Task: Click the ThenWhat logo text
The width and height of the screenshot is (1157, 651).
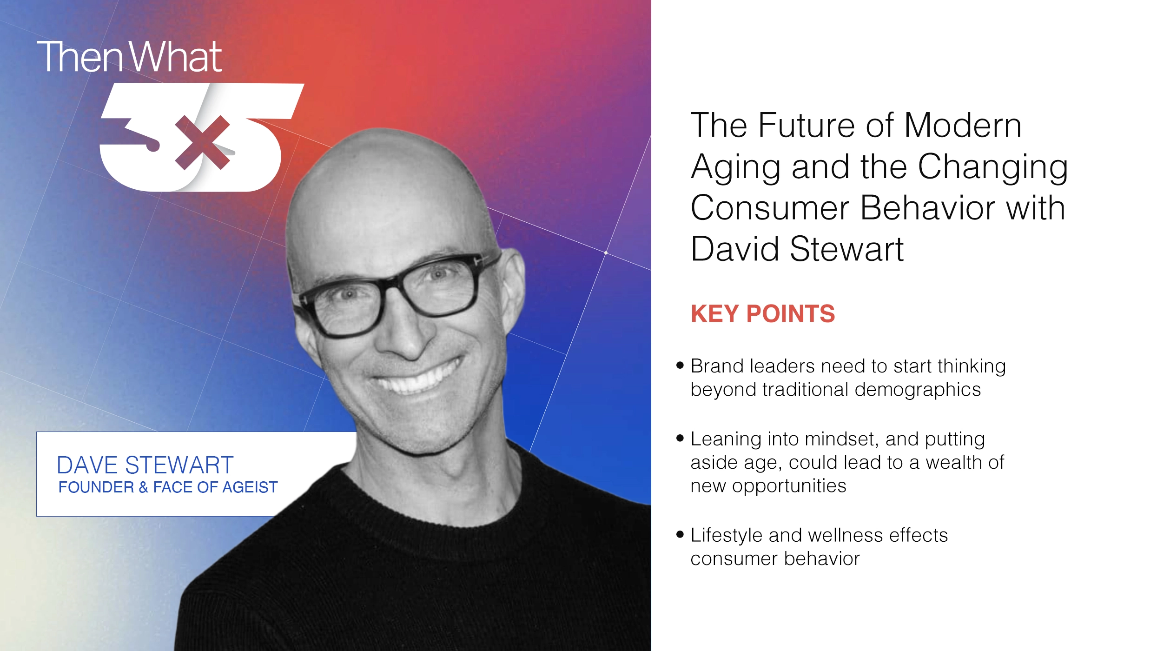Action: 129,57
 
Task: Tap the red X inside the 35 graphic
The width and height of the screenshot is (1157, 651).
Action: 202,142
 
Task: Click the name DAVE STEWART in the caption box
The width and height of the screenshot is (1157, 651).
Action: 145,465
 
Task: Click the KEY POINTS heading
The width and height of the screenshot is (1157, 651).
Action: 762,313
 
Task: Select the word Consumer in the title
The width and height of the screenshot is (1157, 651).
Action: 770,207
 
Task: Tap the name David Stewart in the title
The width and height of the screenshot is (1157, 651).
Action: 797,249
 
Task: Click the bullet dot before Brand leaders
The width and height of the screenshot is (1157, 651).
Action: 680,365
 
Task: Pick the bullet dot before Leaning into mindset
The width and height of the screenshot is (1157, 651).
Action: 680,438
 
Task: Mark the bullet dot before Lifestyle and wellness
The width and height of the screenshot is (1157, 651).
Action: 680,534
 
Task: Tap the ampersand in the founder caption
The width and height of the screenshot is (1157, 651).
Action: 143,487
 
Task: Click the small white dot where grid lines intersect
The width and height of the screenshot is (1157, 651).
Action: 606,252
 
